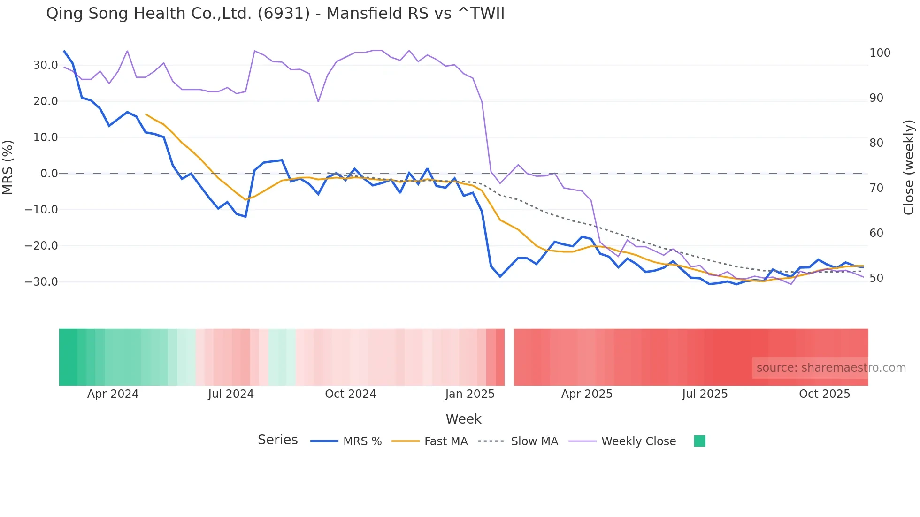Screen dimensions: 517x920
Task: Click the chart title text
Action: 275,14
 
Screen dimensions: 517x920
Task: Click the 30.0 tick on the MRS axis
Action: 46,65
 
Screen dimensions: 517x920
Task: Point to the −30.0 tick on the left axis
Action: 41,282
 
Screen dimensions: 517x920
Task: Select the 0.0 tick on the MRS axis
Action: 49,174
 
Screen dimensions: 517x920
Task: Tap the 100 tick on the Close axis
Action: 880,53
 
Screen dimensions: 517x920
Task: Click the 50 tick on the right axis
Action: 876,278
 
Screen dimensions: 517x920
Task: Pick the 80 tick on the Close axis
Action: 876,143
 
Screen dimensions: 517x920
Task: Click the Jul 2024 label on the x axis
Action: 231,394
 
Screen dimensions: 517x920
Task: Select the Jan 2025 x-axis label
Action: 470,394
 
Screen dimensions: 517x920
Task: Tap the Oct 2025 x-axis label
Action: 824,394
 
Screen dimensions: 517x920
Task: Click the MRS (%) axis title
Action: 8,167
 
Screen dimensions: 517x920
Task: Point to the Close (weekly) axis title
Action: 909,167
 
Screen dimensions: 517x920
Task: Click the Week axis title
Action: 463,419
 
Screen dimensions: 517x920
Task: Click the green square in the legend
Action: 699,441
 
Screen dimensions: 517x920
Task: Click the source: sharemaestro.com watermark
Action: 831,368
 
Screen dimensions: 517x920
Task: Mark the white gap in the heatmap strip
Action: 509,357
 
